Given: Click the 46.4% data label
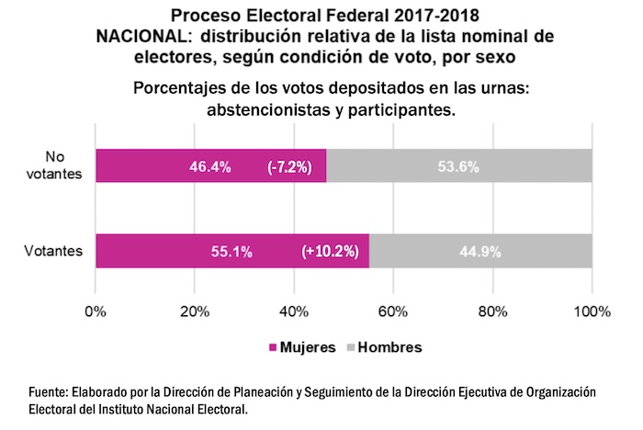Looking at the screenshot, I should (209, 167).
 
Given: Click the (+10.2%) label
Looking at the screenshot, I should (330, 252).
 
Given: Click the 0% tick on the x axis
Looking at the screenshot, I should (96, 311).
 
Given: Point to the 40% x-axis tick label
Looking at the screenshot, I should (294, 311).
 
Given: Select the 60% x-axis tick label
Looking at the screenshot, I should (393, 311).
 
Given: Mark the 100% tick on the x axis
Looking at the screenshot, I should (592, 311).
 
